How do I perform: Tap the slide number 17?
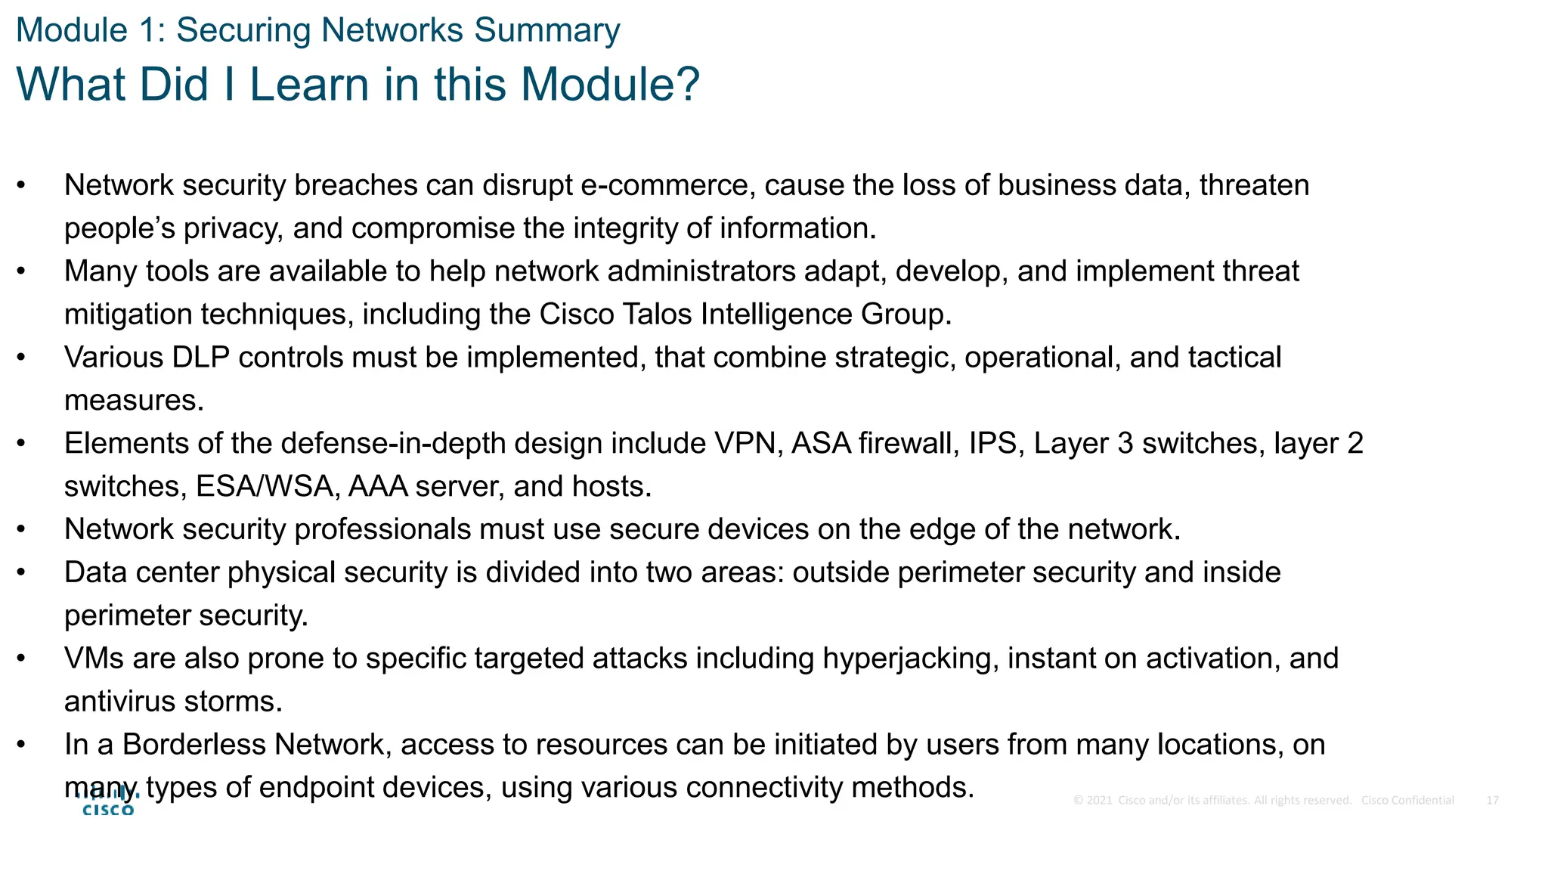(1492, 800)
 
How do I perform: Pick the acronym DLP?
(200, 358)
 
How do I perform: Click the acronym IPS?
(992, 444)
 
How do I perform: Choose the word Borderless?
(194, 745)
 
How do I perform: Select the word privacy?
(234, 228)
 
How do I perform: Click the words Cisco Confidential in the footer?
(1407, 800)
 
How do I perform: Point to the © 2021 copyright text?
(1093, 800)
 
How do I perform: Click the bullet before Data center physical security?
(21, 572)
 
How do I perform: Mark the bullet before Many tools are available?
(21, 271)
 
